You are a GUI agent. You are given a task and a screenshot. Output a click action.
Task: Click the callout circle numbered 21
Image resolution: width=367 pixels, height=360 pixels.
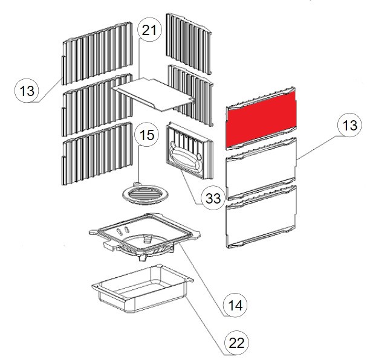149,31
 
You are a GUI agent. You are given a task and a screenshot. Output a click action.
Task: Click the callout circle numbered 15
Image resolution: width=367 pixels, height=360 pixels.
147,135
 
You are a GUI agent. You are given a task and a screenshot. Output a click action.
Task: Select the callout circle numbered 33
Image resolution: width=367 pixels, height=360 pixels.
213,198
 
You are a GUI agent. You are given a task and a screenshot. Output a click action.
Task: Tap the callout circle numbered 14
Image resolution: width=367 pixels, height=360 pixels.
235,305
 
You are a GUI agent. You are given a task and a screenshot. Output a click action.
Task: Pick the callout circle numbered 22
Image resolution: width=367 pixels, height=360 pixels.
236,343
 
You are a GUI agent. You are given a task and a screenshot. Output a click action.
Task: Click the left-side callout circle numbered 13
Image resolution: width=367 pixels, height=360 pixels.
27,91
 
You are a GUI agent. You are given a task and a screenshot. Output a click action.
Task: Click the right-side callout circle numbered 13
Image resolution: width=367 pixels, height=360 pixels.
349,125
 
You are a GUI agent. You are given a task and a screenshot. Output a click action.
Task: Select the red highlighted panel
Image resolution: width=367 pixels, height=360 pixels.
261,119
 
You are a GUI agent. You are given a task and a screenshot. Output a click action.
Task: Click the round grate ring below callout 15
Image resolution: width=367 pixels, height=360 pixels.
146,194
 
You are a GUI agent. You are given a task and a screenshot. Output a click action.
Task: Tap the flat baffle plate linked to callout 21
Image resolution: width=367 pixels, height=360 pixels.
154,94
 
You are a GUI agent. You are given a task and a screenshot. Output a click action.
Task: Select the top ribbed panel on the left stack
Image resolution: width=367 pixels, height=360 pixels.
97,53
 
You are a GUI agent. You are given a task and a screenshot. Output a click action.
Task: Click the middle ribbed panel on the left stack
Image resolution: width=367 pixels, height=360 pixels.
97,104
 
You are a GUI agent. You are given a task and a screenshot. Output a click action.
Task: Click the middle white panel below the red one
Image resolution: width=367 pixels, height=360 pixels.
261,169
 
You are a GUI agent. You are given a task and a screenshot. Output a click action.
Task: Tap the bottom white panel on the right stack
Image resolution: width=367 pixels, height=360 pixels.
261,216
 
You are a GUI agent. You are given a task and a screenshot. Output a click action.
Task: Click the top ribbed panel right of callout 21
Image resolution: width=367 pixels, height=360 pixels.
189,43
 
